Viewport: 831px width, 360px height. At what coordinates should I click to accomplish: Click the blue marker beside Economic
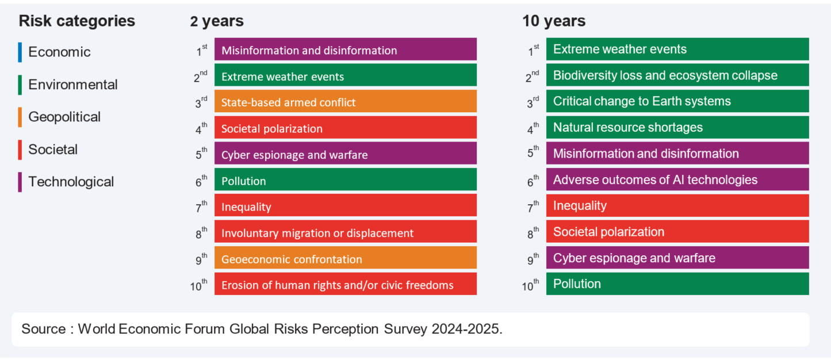20,52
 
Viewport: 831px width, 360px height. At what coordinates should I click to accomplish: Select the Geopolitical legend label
64,117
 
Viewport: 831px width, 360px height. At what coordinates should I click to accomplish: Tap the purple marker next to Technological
20,182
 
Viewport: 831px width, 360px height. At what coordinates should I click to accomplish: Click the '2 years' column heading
217,21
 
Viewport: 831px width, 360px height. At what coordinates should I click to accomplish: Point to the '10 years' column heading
554,21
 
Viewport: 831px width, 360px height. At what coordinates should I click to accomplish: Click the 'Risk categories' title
77,21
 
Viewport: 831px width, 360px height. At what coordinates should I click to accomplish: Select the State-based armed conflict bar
345,102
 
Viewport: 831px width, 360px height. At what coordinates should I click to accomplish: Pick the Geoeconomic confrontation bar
345,258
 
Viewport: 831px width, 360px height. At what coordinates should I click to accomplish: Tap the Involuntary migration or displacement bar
345,232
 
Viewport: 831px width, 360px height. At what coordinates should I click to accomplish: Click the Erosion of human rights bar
345,284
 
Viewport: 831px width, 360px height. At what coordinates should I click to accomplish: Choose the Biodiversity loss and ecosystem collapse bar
677,75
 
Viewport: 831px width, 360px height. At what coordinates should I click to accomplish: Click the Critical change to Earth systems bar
677,101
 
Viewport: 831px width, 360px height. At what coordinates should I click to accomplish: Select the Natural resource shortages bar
677,128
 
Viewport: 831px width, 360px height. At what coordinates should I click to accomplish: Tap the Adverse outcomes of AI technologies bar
677,180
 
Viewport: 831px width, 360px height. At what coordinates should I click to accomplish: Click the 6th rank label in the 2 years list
201,181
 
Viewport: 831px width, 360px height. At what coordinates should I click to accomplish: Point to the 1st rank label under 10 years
533,51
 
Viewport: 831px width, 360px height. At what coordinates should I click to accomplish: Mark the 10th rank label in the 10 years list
531,285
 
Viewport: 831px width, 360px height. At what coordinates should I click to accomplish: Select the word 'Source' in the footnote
43,330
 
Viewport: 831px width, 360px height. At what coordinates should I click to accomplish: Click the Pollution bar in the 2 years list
345,180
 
